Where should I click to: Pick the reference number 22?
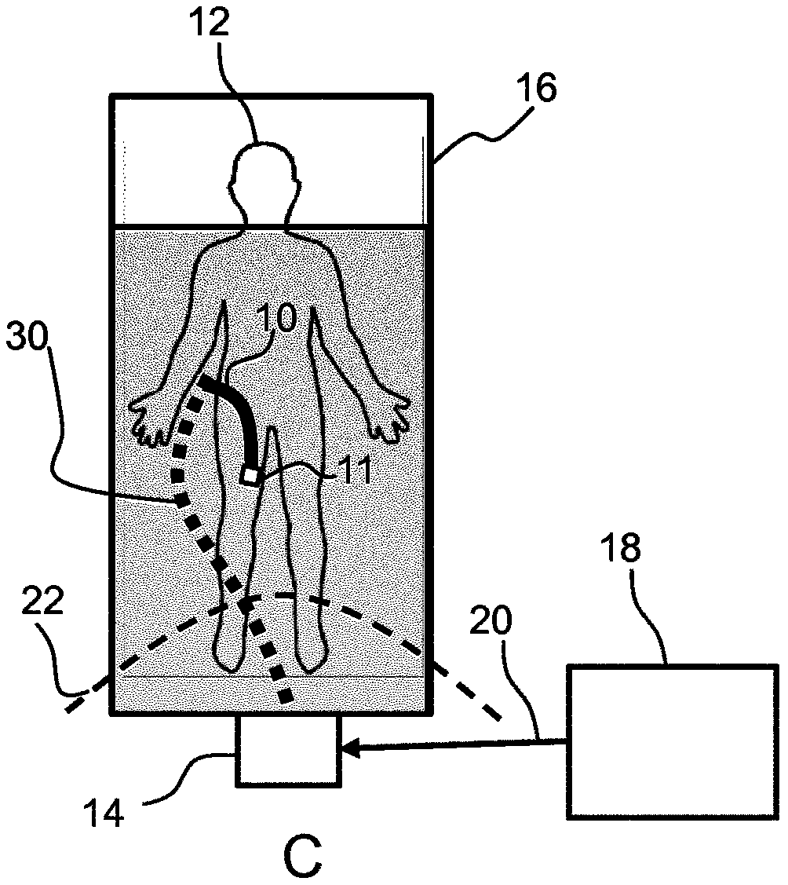pyautogui.click(x=43, y=602)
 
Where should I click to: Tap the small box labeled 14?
pyautogui.click(x=288, y=750)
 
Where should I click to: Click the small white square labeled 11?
pyautogui.click(x=250, y=475)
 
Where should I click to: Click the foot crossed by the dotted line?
pyautogui.click(x=230, y=641)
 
